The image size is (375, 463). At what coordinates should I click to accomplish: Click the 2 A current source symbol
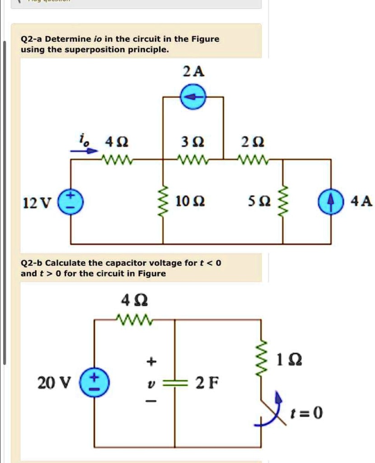[x=193, y=97]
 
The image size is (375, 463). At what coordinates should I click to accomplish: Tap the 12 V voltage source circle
[x=71, y=200]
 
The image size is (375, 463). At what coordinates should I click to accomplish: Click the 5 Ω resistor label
[x=261, y=200]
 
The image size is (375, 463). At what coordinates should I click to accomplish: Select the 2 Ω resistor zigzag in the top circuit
[x=253, y=160]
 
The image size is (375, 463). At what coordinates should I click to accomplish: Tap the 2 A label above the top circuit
[x=193, y=71]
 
